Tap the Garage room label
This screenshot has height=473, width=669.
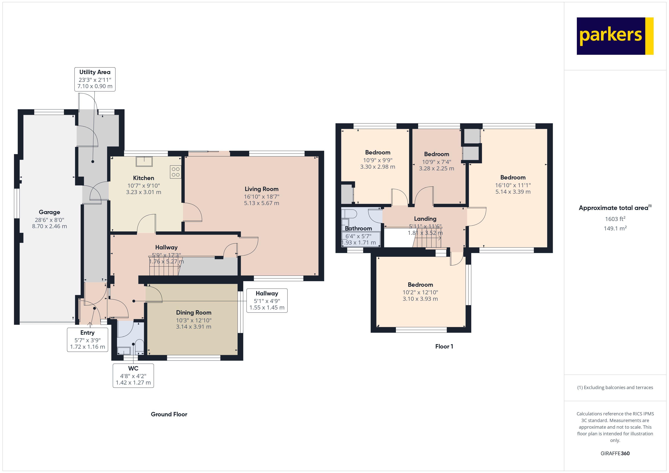coord(49,212)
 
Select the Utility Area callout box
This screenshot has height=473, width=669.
coord(95,79)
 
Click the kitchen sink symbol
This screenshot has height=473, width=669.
coord(144,161)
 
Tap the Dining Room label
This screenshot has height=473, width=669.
coord(193,312)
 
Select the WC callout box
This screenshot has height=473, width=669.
coord(133,375)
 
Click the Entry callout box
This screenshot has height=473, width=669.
coord(87,340)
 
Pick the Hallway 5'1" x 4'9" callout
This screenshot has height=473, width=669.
coord(267,300)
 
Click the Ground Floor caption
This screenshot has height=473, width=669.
coord(169,414)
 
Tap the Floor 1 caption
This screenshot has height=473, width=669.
coord(444,346)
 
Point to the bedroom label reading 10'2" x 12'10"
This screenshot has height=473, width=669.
coord(420,292)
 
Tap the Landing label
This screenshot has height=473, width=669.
coord(425,219)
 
